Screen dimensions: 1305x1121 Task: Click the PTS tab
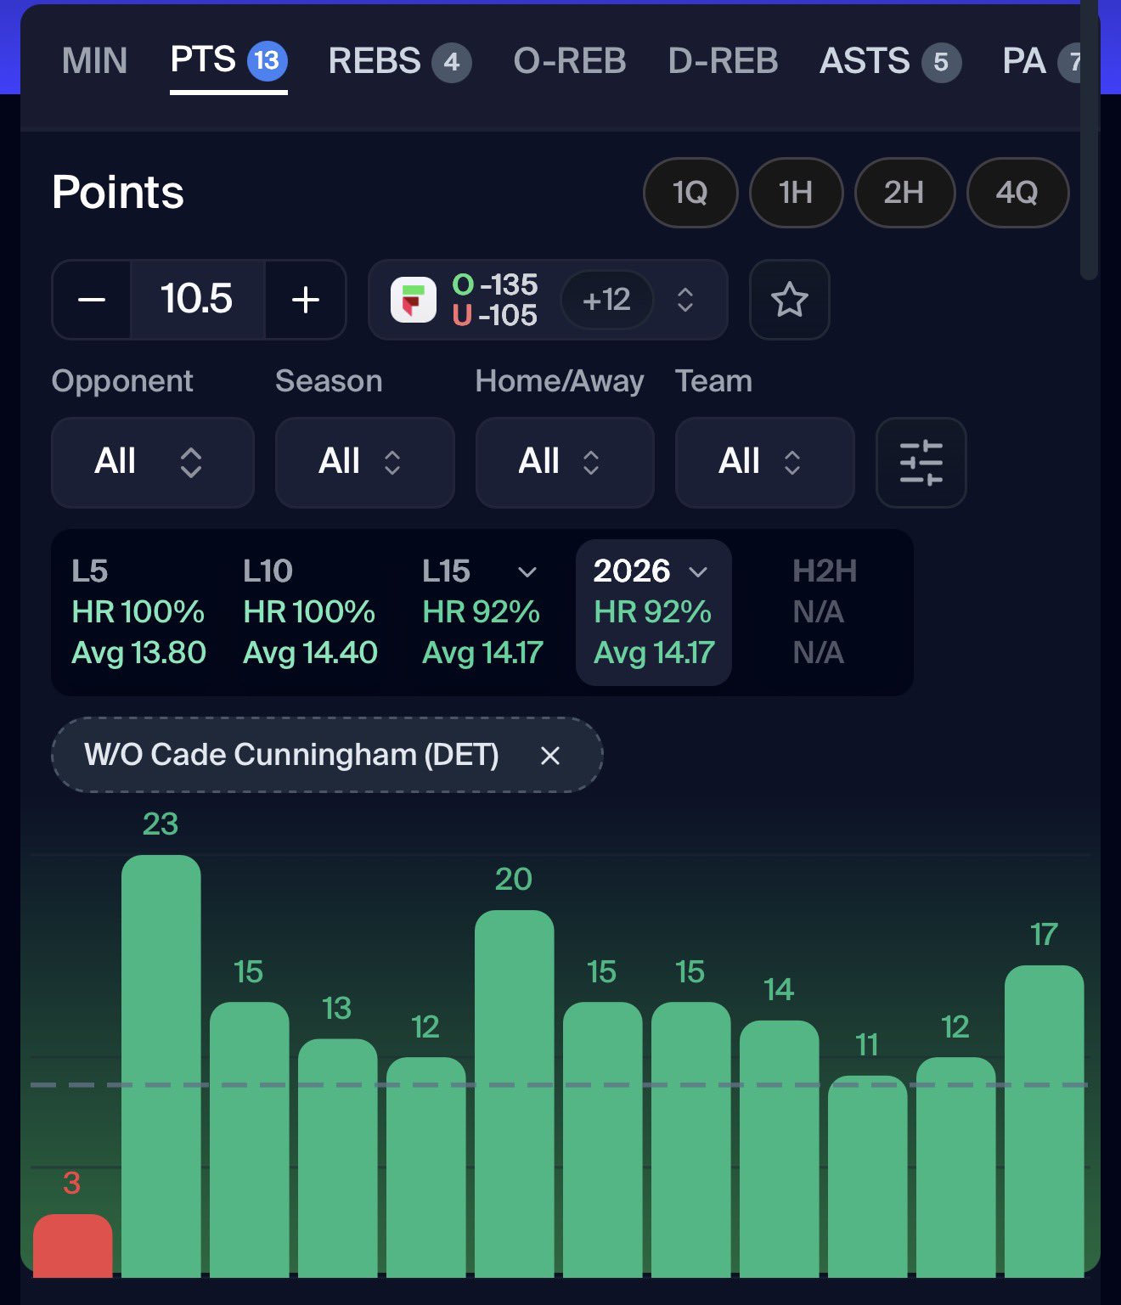pyautogui.click(x=227, y=61)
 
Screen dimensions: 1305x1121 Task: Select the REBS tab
pyautogui.click(x=398, y=61)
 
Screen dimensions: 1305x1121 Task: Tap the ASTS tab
pyautogui.click(x=888, y=61)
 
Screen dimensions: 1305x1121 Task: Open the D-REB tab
pyautogui.click(x=723, y=61)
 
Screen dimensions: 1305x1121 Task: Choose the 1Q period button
pyautogui.click(x=690, y=193)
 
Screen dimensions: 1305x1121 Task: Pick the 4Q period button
pyautogui.click(x=1017, y=193)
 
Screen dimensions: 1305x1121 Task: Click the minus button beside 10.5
pyautogui.click(x=92, y=300)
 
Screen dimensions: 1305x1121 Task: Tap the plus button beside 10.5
pyautogui.click(x=306, y=300)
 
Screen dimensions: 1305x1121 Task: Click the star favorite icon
pyautogui.click(x=789, y=300)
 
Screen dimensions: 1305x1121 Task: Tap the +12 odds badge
pyautogui.click(x=606, y=300)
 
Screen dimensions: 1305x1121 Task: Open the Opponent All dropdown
pyautogui.click(x=152, y=462)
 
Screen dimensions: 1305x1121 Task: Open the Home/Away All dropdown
pyautogui.click(x=564, y=462)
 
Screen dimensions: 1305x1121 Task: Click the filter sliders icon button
pyautogui.click(x=921, y=463)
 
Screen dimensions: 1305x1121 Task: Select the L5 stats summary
pyautogui.click(x=138, y=612)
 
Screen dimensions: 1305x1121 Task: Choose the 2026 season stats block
pyautogui.click(x=653, y=612)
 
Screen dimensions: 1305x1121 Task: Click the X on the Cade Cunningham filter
pyautogui.click(x=550, y=756)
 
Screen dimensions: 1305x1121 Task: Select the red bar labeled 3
pyautogui.click(x=72, y=1245)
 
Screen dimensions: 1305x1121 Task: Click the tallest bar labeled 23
pyautogui.click(x=161, y=1066)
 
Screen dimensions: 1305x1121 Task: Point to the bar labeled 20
pyautogui.click(x=514, y=1094)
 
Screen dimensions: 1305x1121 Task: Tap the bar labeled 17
pyautogui.click(x=1044, y=1121)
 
